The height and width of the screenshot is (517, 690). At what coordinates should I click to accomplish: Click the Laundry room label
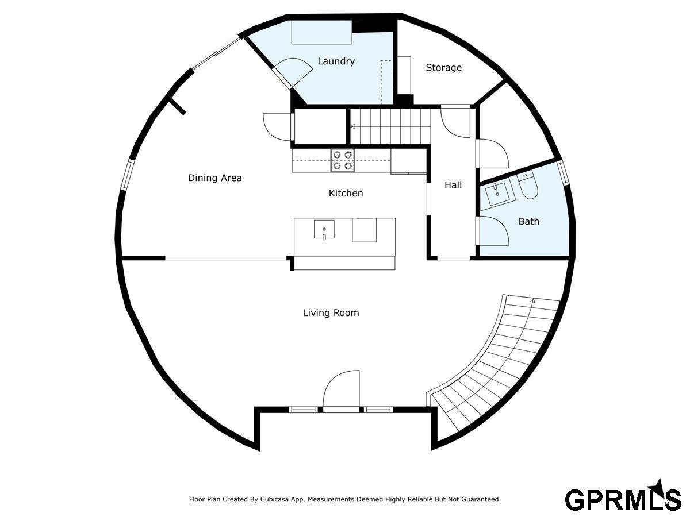[x=336, y=61]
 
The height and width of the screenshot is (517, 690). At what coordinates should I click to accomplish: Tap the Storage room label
[x=443, y=67]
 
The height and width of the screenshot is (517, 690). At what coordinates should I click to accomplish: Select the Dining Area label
[x=214, y=178]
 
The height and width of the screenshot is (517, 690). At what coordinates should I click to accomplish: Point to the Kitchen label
[x=346, y=193]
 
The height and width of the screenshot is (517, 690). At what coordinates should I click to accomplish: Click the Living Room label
[x=331, y=312]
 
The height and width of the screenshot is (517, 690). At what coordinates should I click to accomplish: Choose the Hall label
[x=453, y=185]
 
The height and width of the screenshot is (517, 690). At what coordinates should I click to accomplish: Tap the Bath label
[x=529, y=222]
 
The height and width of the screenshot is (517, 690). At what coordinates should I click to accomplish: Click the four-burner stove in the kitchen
[x=342, y=160]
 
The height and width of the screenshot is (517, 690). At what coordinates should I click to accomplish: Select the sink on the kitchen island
[x=324, y=229]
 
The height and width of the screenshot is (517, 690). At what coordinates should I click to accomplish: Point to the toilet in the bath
[x=527, y=185]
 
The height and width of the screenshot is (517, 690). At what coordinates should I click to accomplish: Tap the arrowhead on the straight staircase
[x=352, y=126]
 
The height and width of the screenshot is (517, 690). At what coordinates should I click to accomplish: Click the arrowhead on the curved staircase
[x=532, y=300]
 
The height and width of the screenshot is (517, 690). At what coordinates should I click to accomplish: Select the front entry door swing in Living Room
[x=341, y=390]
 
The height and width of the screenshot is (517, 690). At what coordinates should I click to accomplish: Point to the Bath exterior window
[x=563, y=172]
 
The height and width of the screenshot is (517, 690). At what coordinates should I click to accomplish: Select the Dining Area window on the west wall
[x=128, y=174]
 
